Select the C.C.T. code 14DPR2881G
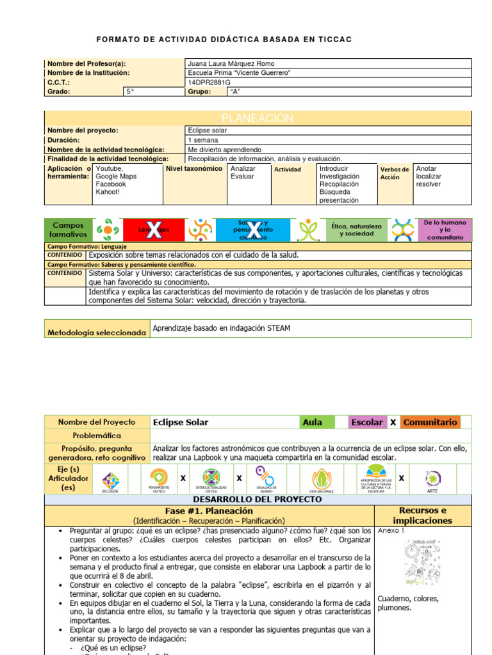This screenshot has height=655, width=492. coord(209,83)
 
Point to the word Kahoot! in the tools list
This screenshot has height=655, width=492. coord(108,192)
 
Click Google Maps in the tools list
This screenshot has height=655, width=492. coord(116,177)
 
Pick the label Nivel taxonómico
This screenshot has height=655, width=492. coord(194,169)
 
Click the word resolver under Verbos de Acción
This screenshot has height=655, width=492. coord(429,184)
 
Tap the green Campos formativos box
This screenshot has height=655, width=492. coord(68,230)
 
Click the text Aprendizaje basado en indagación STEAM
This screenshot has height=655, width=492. coord(222,328)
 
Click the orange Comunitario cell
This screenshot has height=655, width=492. coord(430,422)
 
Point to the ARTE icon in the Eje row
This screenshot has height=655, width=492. coord(432,480)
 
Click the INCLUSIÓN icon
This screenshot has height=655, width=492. coord(110,480)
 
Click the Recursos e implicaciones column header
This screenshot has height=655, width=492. coord(422,516)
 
